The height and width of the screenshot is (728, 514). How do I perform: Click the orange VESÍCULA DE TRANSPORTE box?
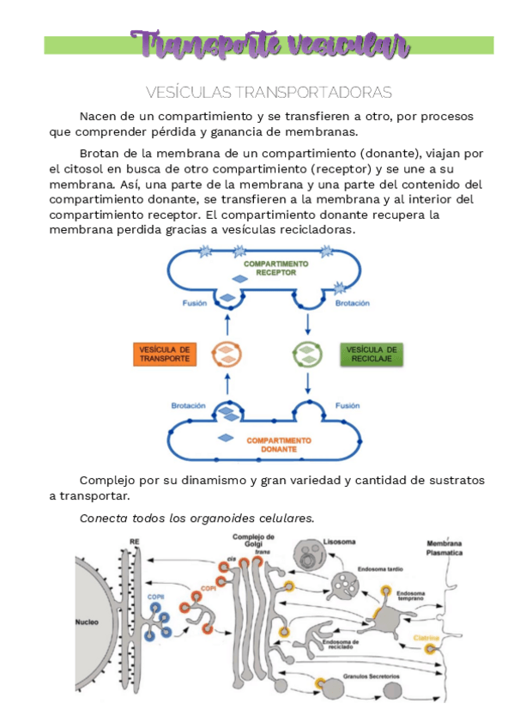[164, 355]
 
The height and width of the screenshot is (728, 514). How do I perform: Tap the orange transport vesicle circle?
[227, 354]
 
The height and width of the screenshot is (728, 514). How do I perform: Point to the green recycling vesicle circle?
[307, 354]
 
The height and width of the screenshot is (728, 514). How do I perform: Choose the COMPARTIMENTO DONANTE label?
[279, 444]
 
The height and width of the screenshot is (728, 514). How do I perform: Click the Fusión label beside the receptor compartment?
[195, 303]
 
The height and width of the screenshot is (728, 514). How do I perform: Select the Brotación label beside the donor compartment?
[188, 405]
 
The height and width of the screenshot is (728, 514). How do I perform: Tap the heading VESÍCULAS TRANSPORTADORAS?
[269, 92]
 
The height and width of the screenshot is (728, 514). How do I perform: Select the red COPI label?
[207, 589]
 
